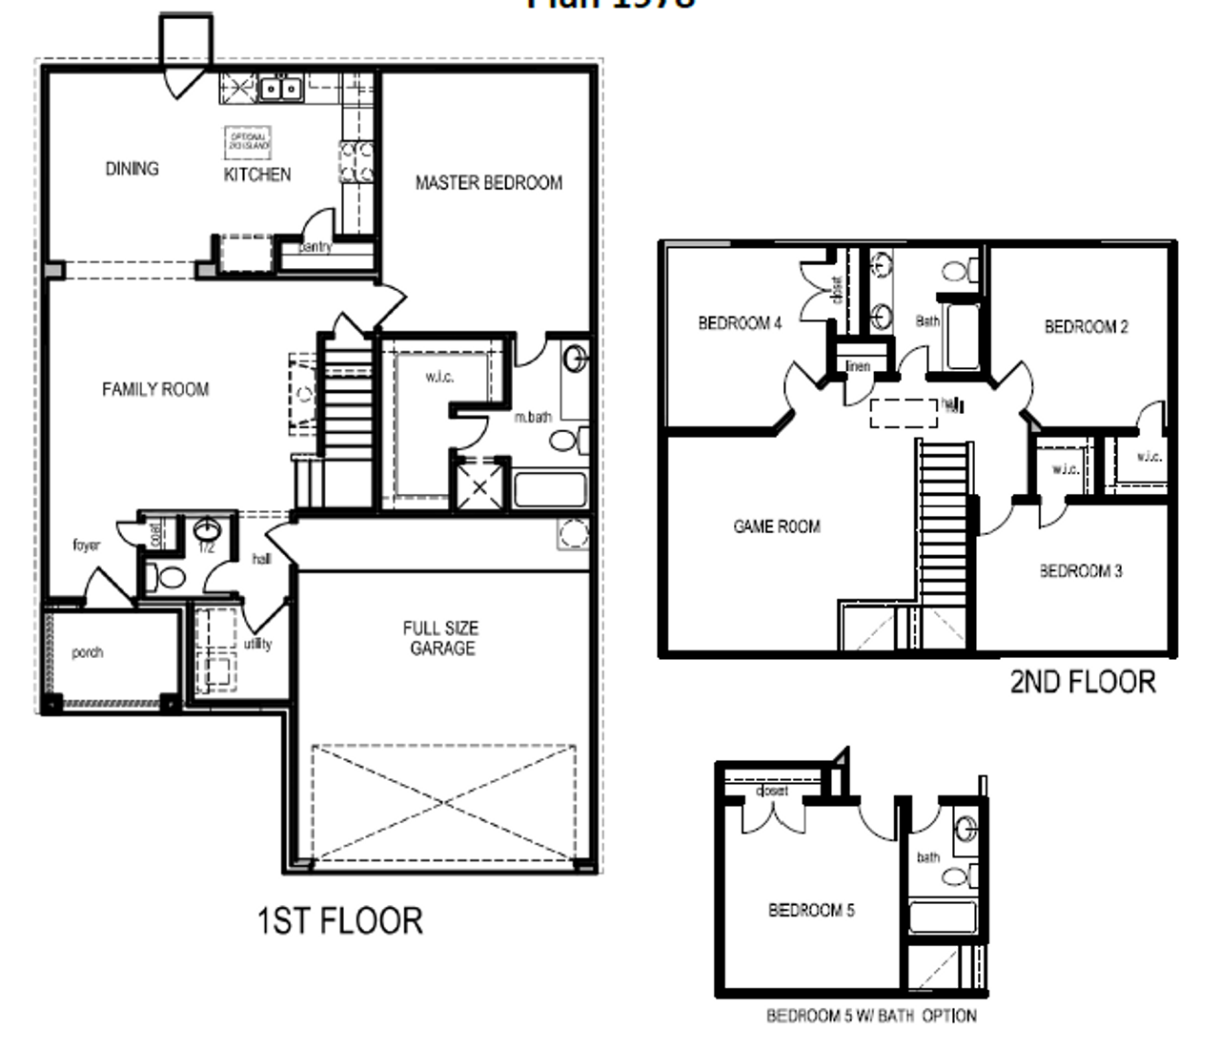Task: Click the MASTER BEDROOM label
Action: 488,182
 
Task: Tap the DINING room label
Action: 132,169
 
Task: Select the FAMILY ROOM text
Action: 155,389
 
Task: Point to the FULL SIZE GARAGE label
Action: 440,638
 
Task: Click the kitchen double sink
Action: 280,89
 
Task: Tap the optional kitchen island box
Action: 248,143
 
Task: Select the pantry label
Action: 315,247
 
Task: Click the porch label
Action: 87,652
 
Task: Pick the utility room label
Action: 257,644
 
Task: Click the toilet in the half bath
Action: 170,576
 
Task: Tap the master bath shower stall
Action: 479,487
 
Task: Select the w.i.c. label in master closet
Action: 439,377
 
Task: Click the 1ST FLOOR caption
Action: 340,920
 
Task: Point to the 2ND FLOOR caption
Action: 1083,682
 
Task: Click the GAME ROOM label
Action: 776,526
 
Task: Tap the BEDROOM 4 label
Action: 740,323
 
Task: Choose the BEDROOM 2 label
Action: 1086,327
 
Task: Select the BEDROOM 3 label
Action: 1080,571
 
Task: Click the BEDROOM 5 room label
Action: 811,911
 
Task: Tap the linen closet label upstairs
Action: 858,366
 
